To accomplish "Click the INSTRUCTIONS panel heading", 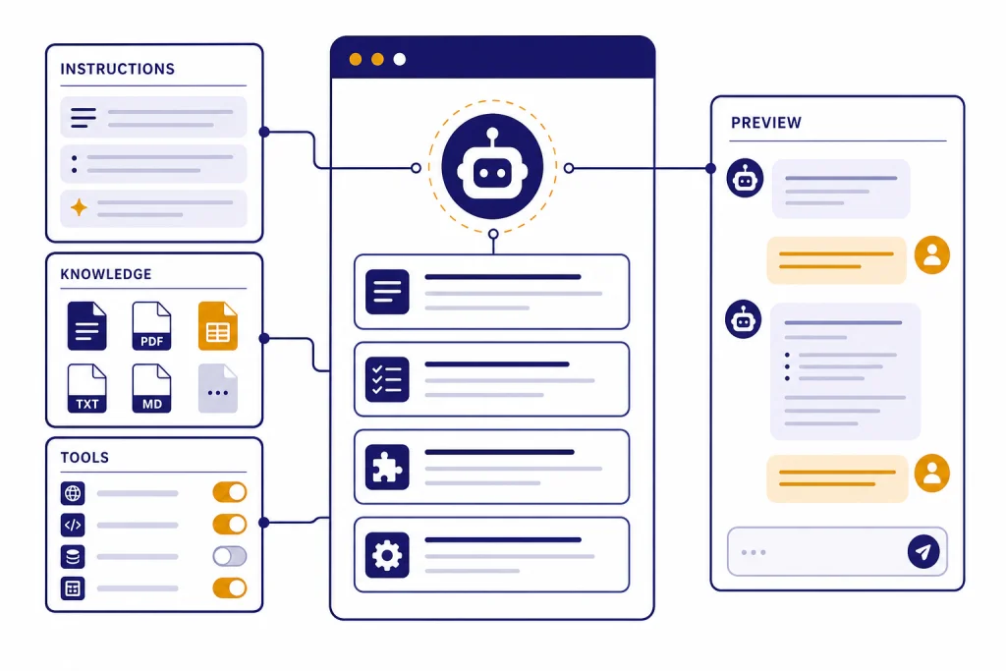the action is click(x=118, y=69).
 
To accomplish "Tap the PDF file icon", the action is click(x=151, y=326).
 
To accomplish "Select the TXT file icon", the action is click(x=86, y=388).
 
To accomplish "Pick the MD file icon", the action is click(x=151, y=388).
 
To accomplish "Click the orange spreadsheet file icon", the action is click(x=217, y=326).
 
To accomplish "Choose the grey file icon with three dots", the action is click(x=217, y=388).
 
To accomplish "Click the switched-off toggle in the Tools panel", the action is click(x=230, y=556).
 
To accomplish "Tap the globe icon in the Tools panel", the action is click(x=73, y=493).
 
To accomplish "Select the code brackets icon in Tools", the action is click(x=73, y=525).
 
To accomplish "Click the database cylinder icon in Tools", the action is click(x=73, y=556).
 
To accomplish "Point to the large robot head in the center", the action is click(x=492, y=167).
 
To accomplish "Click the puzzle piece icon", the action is click(x=387, y=467).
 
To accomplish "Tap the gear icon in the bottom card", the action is click(x=387, y=555).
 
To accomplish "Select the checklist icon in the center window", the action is click(x=387, y=379).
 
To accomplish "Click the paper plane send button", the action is click(x=923, y=552).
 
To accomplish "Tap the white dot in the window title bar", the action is click(x=399, y=60).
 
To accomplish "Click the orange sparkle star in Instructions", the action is click(x=79, y=208).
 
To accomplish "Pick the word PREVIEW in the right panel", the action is click(x=766, y=123).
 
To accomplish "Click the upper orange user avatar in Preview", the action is click(x=931, y=255).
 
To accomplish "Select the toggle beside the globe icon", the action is click(x=230, y=492).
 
